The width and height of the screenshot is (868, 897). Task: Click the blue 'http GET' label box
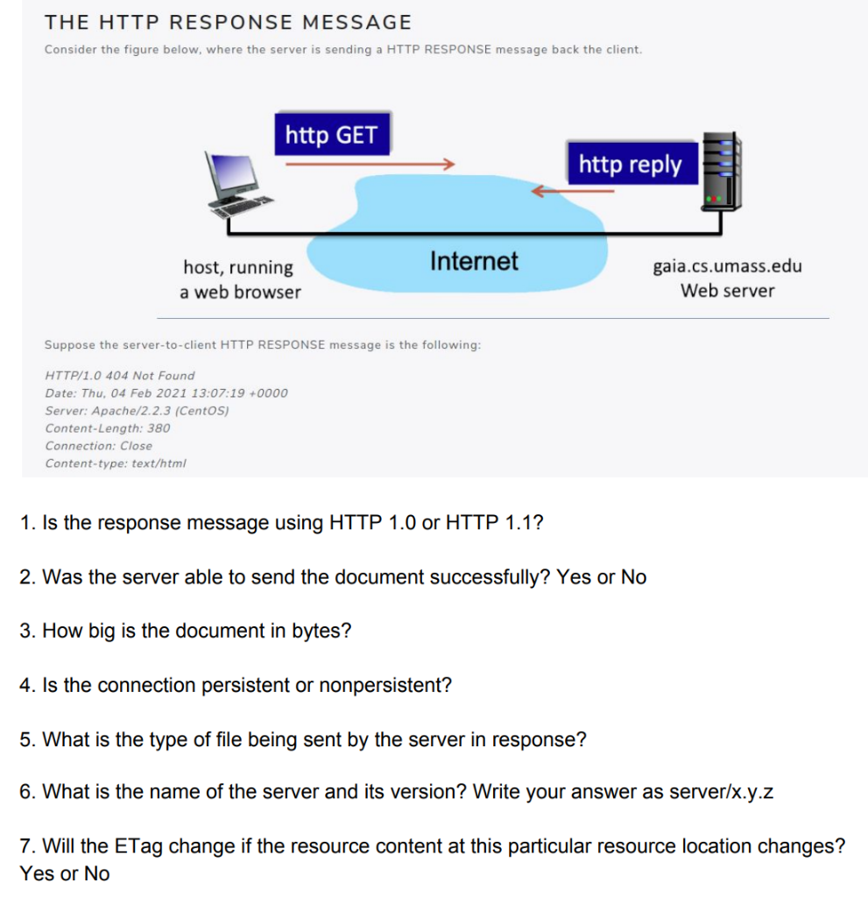point(331,135)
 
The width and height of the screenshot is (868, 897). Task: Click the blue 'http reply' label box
point(630,164)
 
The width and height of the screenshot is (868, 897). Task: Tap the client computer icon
point(235,181)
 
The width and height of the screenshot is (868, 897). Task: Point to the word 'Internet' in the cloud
point(474,261)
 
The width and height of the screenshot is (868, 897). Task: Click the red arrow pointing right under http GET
point(369,163)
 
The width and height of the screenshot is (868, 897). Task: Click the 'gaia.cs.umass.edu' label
point(727,266)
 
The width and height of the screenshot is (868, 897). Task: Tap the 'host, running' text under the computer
point(238,267)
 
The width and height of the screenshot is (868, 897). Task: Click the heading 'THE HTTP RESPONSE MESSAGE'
point(228,22)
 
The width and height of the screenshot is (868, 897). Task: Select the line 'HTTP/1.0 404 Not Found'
point(120,375)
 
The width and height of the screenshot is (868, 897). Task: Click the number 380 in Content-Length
point(159,428)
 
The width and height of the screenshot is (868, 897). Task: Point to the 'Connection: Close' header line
point(99,446)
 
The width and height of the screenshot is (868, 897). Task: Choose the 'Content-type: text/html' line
point(116,463)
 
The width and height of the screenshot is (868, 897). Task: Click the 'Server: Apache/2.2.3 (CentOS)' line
point(137,411)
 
